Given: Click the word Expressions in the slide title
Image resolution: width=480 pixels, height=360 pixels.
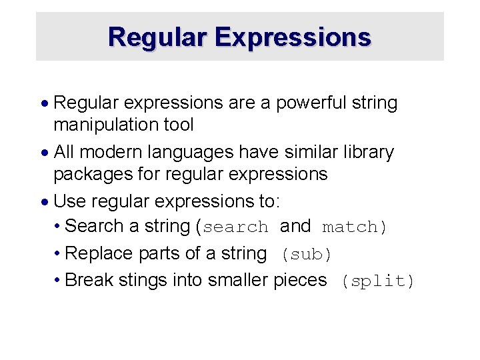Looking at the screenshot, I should point(293,37).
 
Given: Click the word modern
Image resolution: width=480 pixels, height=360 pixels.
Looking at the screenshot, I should point(107,152).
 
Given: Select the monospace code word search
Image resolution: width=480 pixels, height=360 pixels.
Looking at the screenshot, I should point(235,227).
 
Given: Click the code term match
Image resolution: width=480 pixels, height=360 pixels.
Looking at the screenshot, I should point(349,227).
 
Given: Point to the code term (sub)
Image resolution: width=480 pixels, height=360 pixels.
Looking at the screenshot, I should point(306,255).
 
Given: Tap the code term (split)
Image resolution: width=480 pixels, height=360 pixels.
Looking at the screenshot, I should point(377,281).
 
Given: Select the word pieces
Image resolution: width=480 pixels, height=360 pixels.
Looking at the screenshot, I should point(300,281).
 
